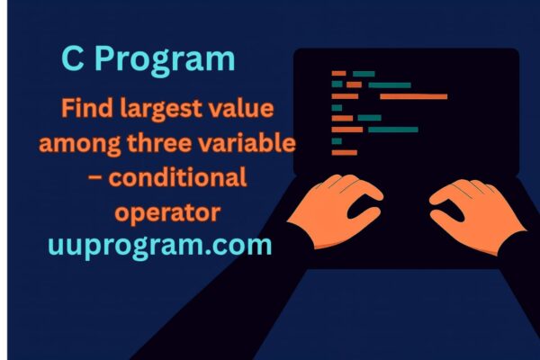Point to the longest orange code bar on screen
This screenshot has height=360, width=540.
click(x=413, y=96)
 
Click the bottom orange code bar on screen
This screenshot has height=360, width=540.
click(x=344, y=152)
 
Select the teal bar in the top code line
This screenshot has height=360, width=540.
click(x=364, y=73)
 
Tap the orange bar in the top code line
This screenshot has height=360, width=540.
click(x=338, y=73)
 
